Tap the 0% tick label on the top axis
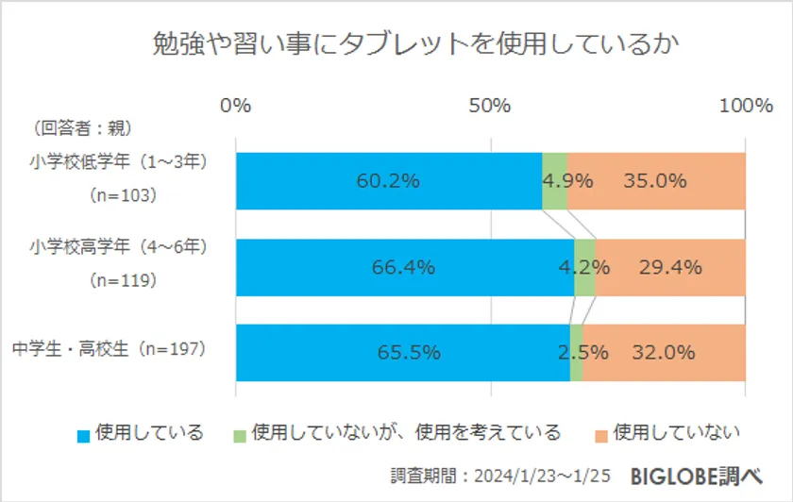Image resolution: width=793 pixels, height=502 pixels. pyautogui.click(x=235, y=106)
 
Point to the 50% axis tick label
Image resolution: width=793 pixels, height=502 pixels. pyautogui.click(x=490, y=106)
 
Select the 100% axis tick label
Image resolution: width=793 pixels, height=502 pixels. pyautogui.click(x=745, y=106)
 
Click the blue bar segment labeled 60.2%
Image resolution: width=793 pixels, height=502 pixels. pyautogui.click(x=388, y=181)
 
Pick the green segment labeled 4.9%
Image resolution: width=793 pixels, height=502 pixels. pyautogui.click(x=554, y=181)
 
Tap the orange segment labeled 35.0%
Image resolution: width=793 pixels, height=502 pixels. pyautogui.click(x=656, y=181)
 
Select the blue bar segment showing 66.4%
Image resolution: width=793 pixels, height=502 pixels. pyautogui.click(x=404, y=267)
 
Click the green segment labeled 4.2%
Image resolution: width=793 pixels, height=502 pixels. pyautogui.click(x=584, y=267)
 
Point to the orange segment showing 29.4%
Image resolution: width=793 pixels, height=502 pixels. pyautogui.click(x=670, y=267)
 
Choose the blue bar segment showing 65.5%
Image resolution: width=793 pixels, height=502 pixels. pyautogui.click(x=402, y=353)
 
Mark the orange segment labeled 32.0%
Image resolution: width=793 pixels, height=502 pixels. pyautogui.click(x=664, y=353)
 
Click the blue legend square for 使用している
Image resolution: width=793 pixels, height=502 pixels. pyautogui.click(x=84, y=435)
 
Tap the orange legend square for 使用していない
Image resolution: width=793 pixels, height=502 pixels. pyautogui.click(x=600, y=435)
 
